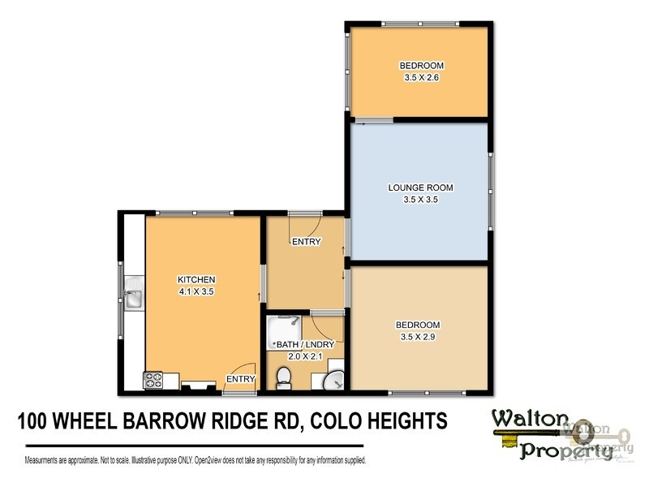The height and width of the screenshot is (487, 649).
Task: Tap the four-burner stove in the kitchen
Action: pos(153,379)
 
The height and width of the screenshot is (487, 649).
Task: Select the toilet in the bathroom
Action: pos(282,377)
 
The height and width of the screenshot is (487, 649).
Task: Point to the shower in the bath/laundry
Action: pos(282,328)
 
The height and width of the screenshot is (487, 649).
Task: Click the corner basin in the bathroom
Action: pos(335,381)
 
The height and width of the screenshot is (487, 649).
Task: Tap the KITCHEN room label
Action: pos(196,280)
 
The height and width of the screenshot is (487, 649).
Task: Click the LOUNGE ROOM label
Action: pos(419,187)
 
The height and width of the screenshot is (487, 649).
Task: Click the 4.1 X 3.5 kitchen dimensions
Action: pos(196,291)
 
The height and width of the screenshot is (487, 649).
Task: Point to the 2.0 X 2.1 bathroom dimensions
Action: pos(305,356)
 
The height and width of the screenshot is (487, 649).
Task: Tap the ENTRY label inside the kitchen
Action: pos(241,379)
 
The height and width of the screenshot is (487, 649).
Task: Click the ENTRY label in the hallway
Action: pos(307,242)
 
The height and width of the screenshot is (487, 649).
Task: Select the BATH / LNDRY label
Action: pos(305,345)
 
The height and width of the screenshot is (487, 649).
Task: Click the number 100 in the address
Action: pos(36,422)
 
